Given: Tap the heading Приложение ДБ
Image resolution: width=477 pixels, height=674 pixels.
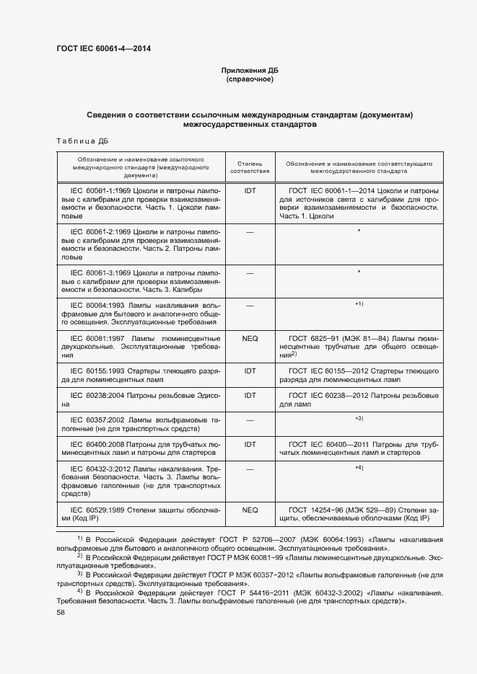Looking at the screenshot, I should (x=250, y=71).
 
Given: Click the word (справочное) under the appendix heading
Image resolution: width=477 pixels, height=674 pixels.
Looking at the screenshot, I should (x=250, y=79).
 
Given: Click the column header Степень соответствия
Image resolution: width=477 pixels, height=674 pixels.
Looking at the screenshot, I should (x=250, y=167).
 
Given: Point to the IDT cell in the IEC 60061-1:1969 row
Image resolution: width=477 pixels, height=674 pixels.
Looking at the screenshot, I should (x=250, y=190).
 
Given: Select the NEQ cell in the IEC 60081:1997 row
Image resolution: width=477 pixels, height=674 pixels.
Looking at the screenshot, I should (x=250, y=337).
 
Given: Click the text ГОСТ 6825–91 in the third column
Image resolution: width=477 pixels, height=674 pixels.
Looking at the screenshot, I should (x=313, y=337).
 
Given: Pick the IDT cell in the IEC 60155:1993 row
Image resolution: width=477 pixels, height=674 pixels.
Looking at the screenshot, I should (x=250, y=371).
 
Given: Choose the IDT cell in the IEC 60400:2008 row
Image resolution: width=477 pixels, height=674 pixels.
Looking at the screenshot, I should (x=250, y=445).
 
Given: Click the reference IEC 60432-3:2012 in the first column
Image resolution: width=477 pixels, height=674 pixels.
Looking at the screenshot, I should (x=97, y=469).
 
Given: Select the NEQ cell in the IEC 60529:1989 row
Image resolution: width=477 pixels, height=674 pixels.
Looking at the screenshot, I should (x=250, y=510).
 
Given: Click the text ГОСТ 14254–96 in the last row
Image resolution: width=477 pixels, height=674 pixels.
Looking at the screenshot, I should (x=315, y=510).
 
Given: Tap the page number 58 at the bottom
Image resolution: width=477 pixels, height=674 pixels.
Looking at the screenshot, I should (x=61, y=612).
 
